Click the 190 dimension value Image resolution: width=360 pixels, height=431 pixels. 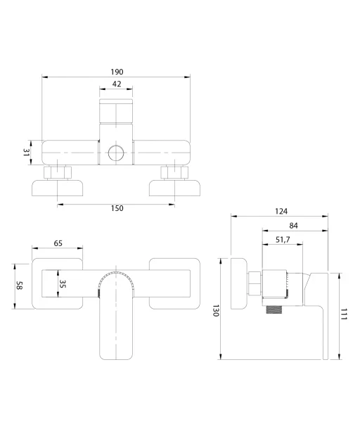pyautogui.click(x=117, y=72)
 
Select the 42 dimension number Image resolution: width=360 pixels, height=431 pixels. pyautogui.click(x=117, y=84)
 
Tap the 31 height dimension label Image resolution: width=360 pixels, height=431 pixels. pyautogui.click(x=26, y=153)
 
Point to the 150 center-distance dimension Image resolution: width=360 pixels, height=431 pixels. pyautogui.click(x=117, y=208)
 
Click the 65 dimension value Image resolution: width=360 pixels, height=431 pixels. pyautogui.click(x=58, y=243)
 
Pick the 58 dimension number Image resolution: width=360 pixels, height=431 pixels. pyautogui.click(x=19, y=285)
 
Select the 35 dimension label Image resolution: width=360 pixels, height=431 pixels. pyautogui.click(x=63, y=284)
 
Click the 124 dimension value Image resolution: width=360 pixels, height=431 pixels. pyautogui.click(x=281, y=211)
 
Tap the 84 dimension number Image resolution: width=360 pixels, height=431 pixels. pyautogui.click(x=293, y=226)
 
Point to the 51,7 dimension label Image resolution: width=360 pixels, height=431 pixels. pyautogui.click(x=283, y=240)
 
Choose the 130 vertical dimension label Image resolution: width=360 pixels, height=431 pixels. pyautogui.click(x=216, y=310)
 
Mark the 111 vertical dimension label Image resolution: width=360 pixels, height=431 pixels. pyautogui.click(x=344, y=314)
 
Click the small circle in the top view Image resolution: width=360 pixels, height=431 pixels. pyautogui.click(x=116, y=153)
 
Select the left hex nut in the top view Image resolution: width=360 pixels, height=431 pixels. pyautogui.click(x=58, y=173)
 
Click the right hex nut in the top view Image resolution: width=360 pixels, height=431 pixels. pyautogui.click(x=174, y=173)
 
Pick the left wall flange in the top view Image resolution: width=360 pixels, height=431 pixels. pyautogui.click(x=58, y=188)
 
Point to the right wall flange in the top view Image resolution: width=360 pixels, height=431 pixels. pyautogui.click(x=174, y=188)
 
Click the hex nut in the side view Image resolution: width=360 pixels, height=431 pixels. pyautogui.click(x=255, y=283)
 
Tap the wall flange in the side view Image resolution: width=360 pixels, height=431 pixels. pyautogui.click(x=239, y=283)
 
